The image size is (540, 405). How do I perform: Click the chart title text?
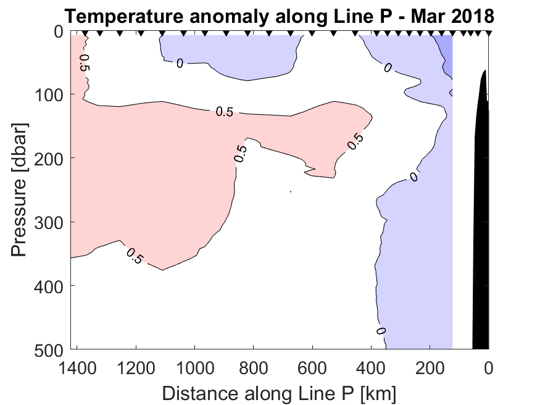(x=280, y=15)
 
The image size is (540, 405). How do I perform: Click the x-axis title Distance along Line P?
(x=280, y=393)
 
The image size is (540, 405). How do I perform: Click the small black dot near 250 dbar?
(x=290, y=191)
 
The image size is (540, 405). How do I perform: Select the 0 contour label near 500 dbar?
(x=381, y=331)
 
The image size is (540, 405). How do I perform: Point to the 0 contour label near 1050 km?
(x=180, y=63)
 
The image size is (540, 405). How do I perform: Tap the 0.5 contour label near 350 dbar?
(x=134, y=256)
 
